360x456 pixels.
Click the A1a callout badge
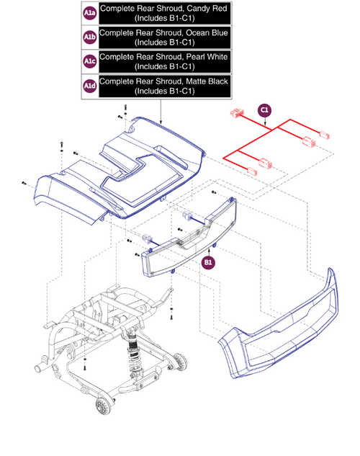click(89, 13)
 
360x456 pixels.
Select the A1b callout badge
click(89, 37)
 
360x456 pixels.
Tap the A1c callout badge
click(89, 61)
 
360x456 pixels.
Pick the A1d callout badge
click(89, 86)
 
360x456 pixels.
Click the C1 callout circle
click(264, 109)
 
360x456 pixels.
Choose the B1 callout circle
click(208, 263)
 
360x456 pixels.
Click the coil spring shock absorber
click(134, 349)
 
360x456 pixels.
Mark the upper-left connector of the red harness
click(236, 113)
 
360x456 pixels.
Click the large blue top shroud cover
click(122, 169)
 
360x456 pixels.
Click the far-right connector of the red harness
click(323, 134)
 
